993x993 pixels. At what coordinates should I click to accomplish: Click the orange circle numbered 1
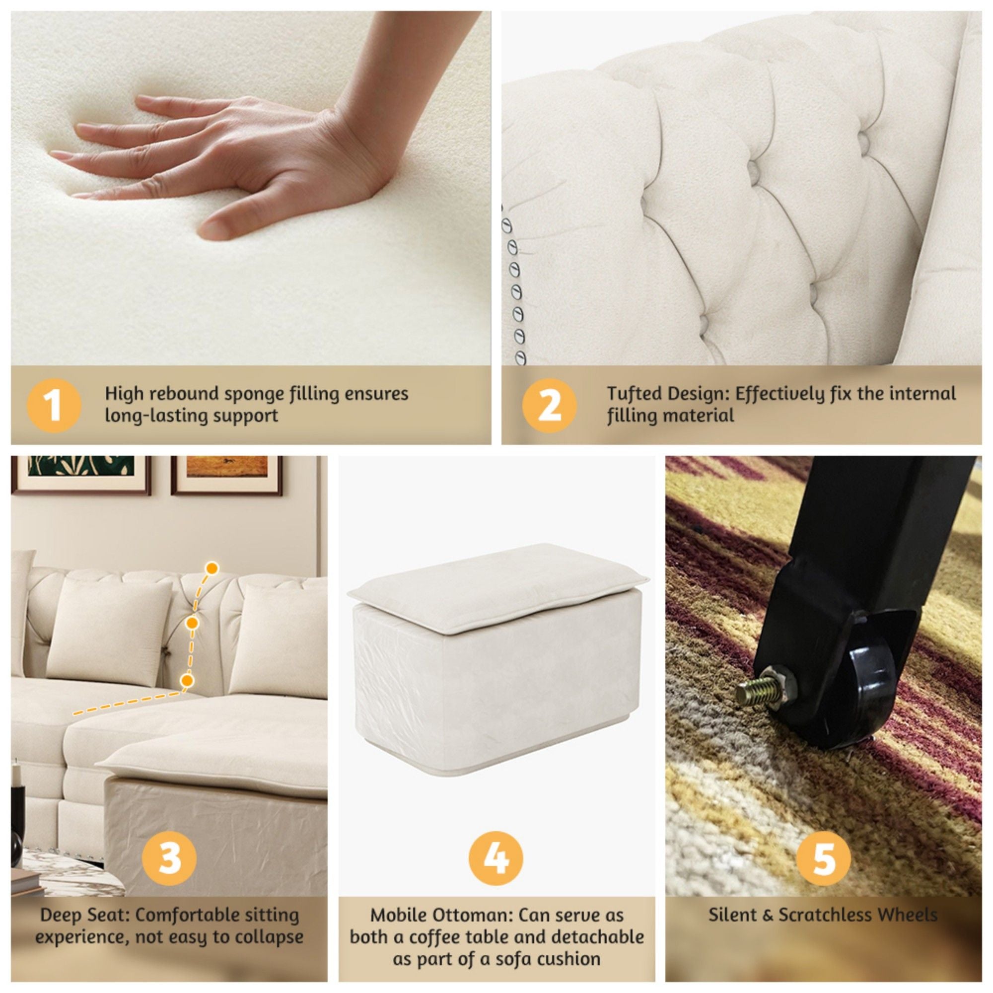[x=54, y=406]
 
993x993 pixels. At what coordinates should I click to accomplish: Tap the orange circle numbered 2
[x=549, y=406]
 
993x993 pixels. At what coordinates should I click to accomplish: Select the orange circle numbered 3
[x=169, y=857]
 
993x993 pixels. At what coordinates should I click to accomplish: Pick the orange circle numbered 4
[x=496, y=857]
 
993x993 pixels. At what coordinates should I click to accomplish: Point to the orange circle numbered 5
[x=824, y=857]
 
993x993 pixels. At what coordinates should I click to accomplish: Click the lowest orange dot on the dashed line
[x=188, y=680]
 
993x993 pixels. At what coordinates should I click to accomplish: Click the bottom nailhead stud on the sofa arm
[x=521, y=356]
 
